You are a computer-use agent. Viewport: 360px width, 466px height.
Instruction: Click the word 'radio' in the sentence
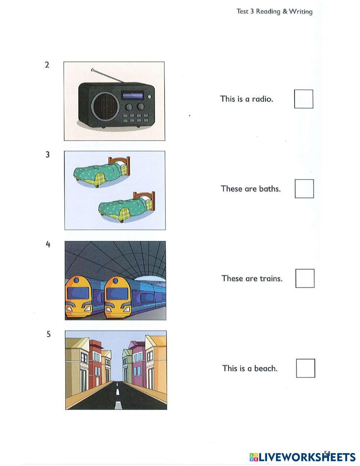coord(262,99)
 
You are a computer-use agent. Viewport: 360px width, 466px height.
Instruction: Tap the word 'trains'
coord(271,278)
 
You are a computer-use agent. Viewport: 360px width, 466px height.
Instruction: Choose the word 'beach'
coord(266,368)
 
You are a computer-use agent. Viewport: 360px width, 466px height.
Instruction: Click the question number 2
coord(47,65)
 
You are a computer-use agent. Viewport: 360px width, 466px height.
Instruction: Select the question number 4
coord(48,244)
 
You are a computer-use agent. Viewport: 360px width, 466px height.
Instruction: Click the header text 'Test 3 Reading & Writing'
coord(274,12)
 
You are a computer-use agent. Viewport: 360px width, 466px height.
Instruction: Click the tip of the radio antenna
coord(92,69)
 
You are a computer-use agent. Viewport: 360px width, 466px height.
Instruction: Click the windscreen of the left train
coord(78,293)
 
